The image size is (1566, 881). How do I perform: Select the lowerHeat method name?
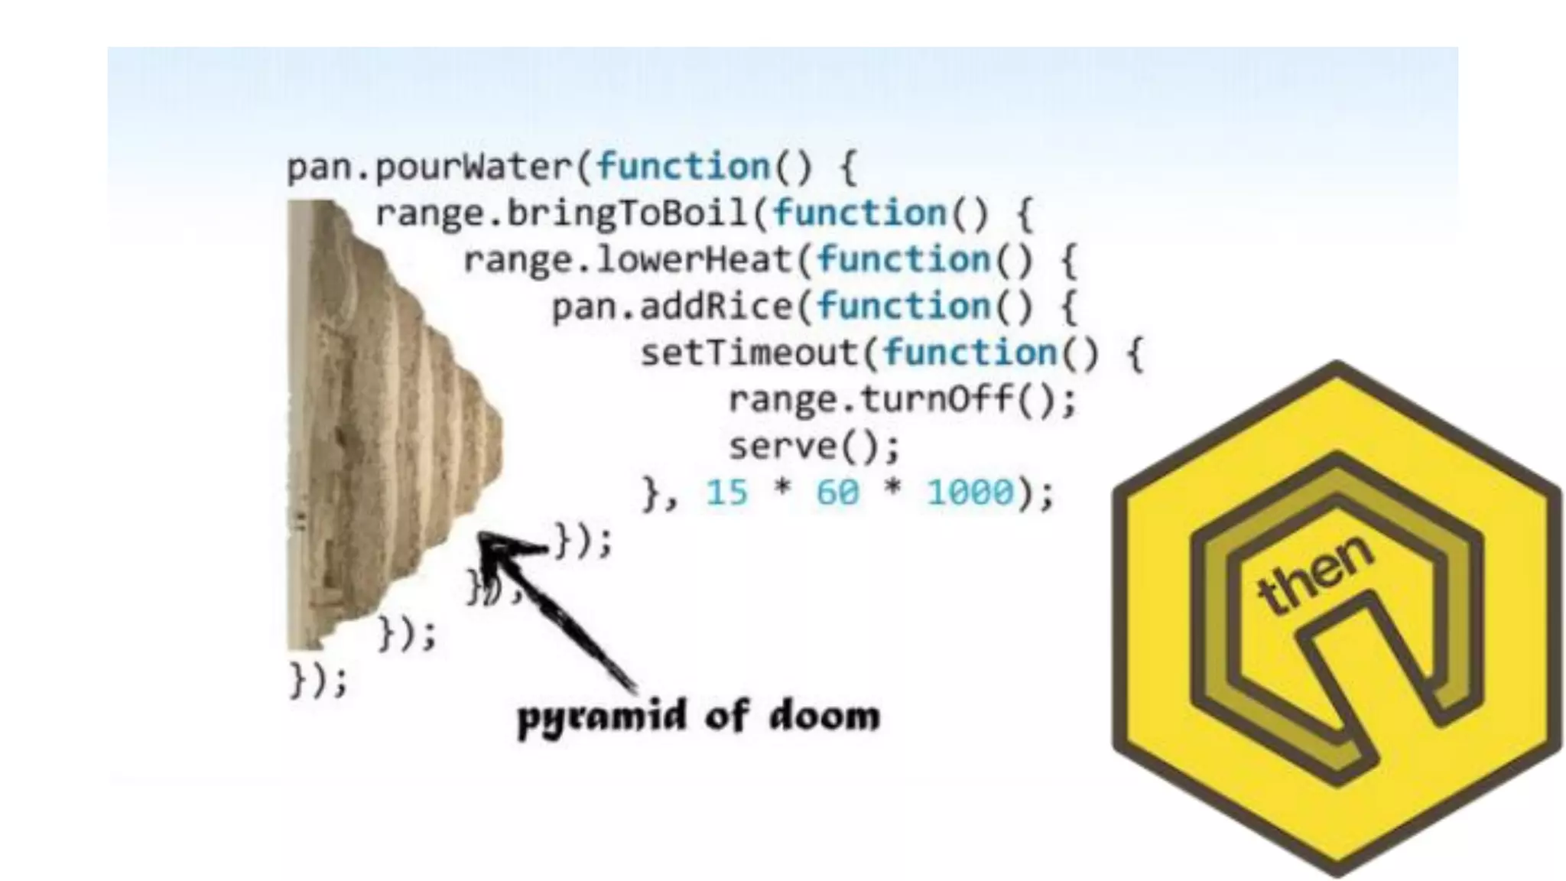point(692,261)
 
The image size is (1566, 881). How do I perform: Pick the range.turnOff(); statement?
point(902,400)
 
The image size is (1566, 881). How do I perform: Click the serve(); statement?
point(814,447)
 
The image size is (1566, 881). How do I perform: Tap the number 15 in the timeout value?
point(726,493)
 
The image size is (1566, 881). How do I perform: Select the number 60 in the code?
point(837,493)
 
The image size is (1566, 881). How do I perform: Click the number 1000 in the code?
point(970,493)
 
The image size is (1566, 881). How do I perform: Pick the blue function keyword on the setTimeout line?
point(970,353)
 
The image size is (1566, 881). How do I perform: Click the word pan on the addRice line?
point(585,307)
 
